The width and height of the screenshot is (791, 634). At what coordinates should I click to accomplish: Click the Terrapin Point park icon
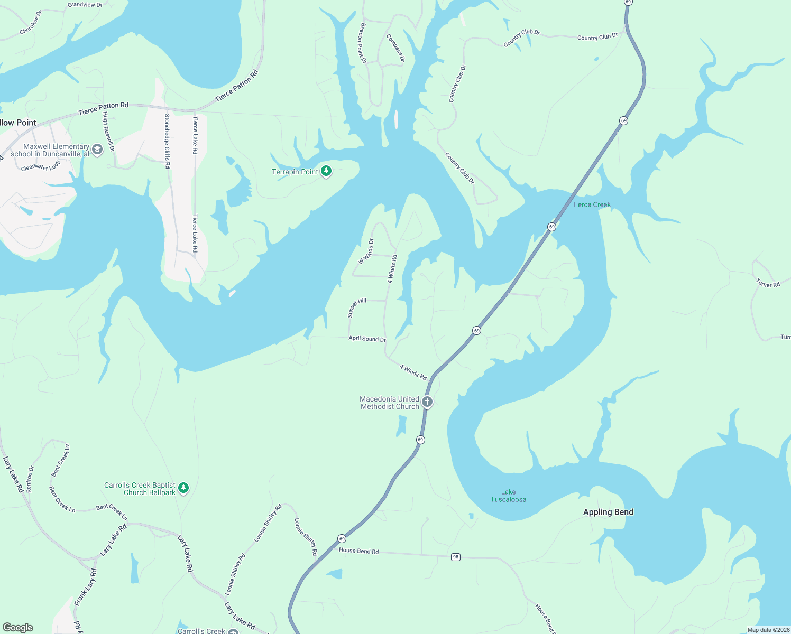click(326, 171)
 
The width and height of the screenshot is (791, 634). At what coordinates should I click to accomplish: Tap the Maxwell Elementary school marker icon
click(97, 150)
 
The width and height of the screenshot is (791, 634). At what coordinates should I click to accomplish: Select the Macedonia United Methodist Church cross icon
click(427, 402)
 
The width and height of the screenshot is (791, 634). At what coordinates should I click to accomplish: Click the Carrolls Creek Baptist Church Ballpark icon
click(183, 488)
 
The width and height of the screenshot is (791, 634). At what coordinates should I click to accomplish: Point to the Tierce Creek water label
click(591, 204)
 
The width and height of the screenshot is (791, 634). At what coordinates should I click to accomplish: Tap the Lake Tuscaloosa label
click(508, 496)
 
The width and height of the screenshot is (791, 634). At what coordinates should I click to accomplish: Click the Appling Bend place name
click(608, 512)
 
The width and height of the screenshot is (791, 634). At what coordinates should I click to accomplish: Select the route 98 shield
click(456, 557)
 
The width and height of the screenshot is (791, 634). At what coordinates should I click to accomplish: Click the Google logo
click(18, 627)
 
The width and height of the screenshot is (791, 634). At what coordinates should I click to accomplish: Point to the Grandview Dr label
click(85, 5)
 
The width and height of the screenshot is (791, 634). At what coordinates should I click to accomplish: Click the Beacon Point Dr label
click(363, 43)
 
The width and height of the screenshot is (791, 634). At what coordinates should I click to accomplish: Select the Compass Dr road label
click(395, 49)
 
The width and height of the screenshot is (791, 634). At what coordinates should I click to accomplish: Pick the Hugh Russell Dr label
click(108, 132)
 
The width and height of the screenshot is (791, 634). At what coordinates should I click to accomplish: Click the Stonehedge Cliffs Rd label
click(167, 141)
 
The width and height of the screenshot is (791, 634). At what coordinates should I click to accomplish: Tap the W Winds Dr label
click(366, 251)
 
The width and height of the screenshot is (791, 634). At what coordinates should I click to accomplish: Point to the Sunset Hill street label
click(357, 307)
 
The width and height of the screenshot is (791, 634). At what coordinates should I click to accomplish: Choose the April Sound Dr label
click(367, 339)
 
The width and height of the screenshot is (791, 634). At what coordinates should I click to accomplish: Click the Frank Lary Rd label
click(86, 587)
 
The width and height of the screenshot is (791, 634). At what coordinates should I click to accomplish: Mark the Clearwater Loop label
click(41, 166)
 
